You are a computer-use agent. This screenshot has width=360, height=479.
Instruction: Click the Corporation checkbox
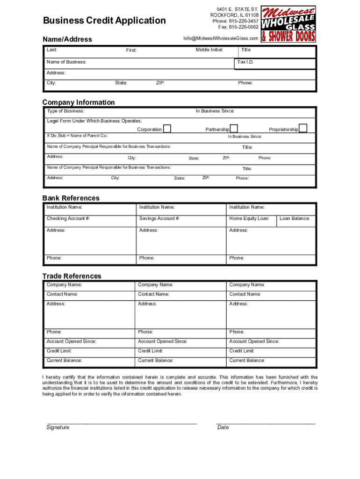(x=167, y=129)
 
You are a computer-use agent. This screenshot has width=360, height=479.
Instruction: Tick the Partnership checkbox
(x=234, y=129)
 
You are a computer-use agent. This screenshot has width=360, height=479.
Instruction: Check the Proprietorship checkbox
(x=303, y=129)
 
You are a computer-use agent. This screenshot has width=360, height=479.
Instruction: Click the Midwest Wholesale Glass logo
(x=288, y=24)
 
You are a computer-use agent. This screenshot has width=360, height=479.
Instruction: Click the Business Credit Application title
(x=104, y=21)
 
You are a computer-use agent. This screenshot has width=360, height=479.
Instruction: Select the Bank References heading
(x=71, y=198)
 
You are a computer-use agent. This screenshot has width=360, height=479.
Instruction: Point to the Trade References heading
(x=72, y=276)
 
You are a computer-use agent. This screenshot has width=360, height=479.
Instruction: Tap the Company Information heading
(x=79, y=102)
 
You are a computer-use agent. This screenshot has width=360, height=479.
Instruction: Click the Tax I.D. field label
(x=245, y=62)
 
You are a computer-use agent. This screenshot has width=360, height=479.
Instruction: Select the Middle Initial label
(x=209, y=50)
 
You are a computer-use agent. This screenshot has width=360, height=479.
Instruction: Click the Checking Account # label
(x=68, y=218)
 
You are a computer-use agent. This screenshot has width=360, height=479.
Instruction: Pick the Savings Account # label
(x=159, y=218)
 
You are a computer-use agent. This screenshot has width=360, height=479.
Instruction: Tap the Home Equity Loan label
(x=249, y=218)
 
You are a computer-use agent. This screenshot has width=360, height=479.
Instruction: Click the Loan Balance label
(x=295, y=218)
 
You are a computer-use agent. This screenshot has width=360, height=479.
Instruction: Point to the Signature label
(x=58, y=427)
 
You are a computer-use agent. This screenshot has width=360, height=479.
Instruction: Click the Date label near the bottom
(x=223, y=427)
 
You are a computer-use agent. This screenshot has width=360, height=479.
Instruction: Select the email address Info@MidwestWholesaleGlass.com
(x=221, y=38)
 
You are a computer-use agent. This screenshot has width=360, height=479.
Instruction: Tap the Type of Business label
(x=65, y=111)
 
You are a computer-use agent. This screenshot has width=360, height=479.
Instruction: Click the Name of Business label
(x=66, y=62)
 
